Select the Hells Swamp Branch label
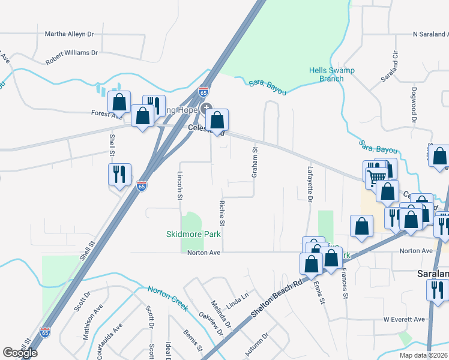[331, 74]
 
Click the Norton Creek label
[168, 298]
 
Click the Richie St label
[222, 214]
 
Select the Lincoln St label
[180, 185]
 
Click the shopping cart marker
[376, 176]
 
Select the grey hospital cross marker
[207, 107]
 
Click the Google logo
[20, 353]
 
